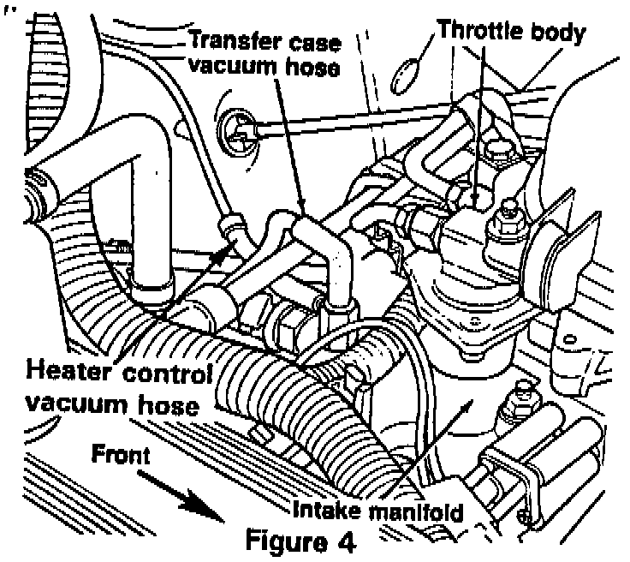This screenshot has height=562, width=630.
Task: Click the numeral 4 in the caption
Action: point(343,542)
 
